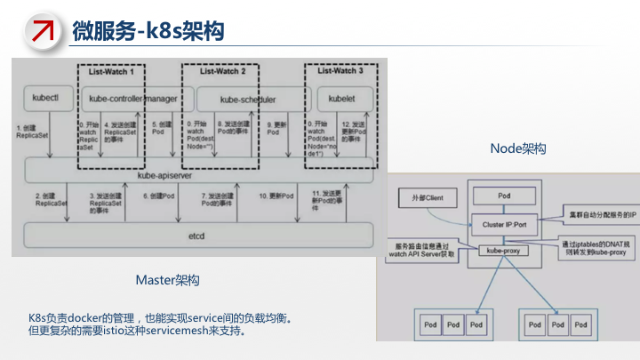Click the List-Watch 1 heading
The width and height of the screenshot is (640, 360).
[113, 70]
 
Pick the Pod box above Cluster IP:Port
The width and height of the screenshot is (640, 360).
[503, 195]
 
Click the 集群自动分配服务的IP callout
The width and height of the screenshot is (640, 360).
[597, 214]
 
